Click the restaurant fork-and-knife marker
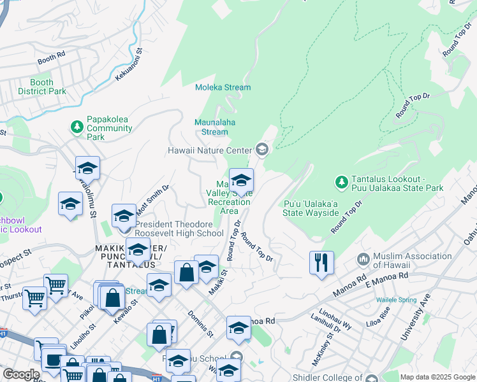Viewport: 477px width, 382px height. point(321,262)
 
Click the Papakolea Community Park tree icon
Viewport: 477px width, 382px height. point(77,127)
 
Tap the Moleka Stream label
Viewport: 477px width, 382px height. point(223,87)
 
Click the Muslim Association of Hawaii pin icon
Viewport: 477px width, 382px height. point(363,258)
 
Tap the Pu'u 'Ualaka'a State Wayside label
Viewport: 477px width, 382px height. point(311,208)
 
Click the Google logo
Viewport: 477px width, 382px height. point(21,374)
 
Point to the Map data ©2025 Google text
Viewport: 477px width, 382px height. point(437,377)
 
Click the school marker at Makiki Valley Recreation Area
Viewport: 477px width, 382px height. point(241,181)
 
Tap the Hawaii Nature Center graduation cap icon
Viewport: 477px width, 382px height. point(261,150)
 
